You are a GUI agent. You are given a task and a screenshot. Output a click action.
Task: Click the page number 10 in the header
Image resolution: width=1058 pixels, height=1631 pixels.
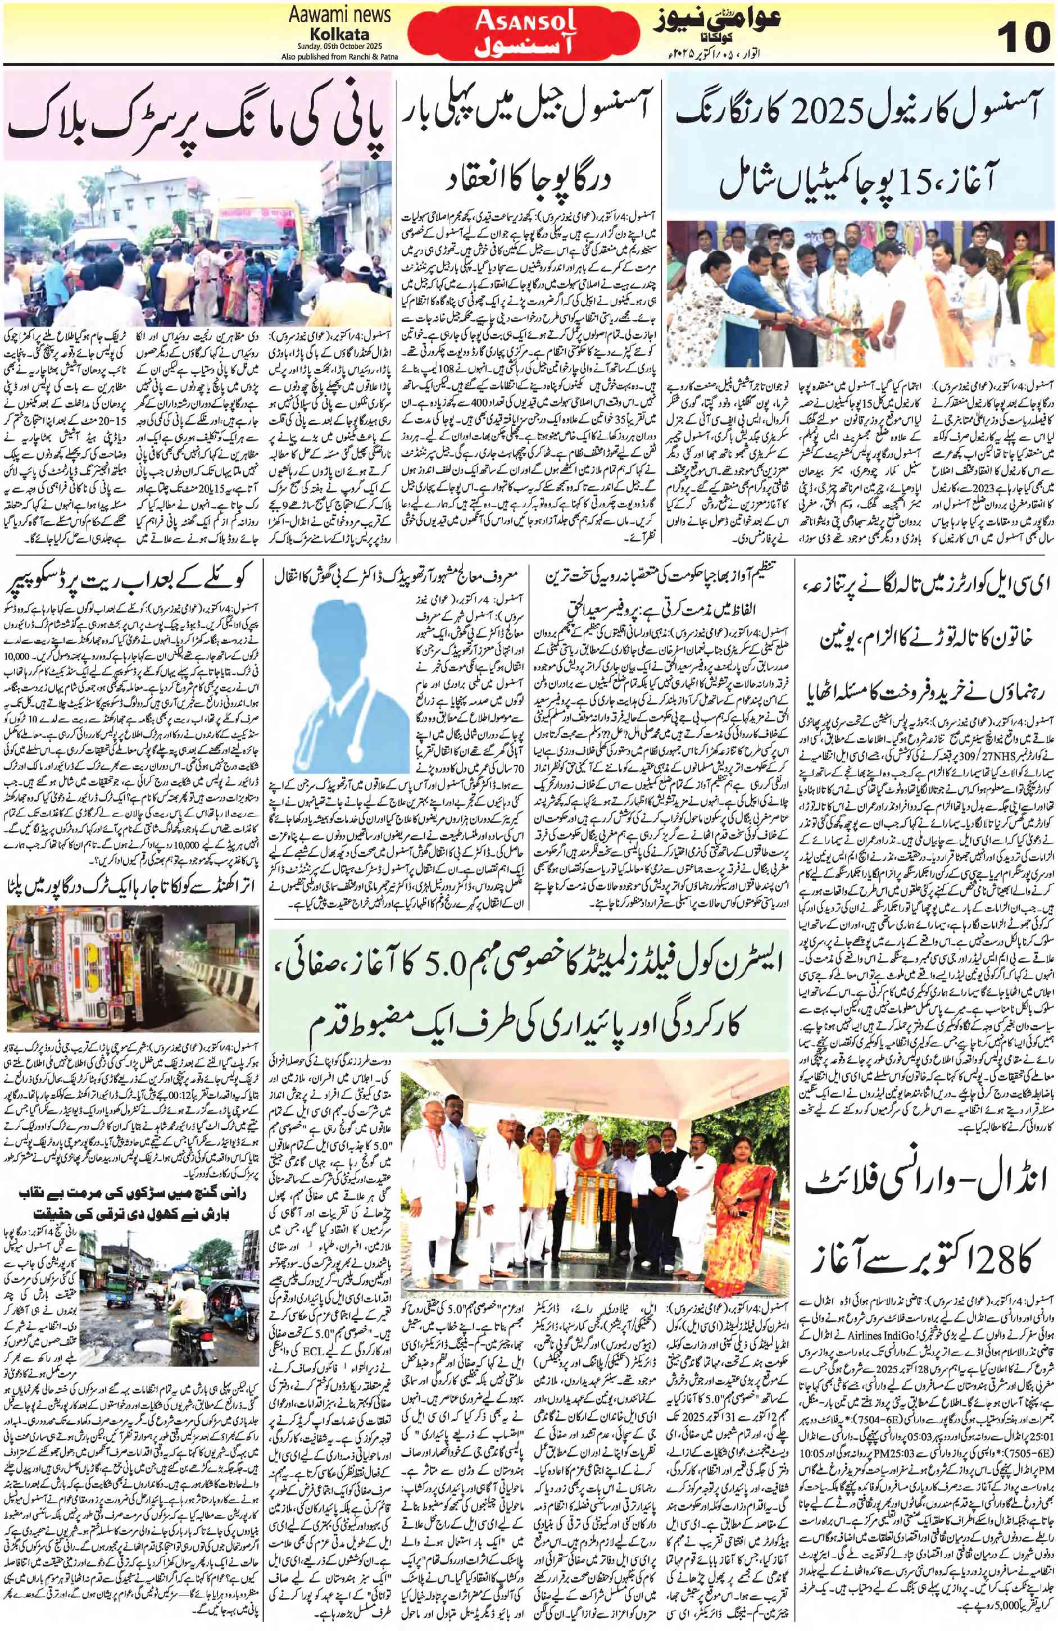tap(1021, 35)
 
